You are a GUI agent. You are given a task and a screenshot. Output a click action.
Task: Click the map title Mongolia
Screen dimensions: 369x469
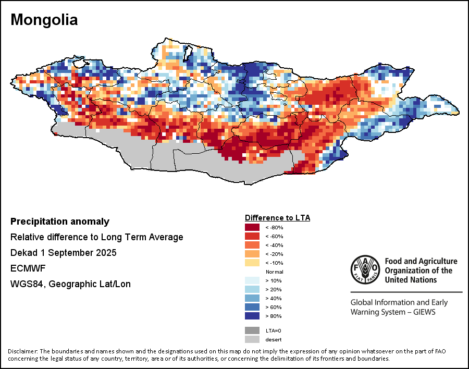(x=44, y=20)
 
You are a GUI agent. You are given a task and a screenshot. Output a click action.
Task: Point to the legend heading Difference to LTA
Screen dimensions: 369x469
(x=277, y=217)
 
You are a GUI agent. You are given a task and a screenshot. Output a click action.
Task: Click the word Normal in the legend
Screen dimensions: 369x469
(x=274, y=272)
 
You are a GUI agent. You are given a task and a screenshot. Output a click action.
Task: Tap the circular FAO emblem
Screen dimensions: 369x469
(x=365, y=270)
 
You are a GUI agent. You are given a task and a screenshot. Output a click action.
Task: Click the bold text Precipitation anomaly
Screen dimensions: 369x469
(x=60, y=222)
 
